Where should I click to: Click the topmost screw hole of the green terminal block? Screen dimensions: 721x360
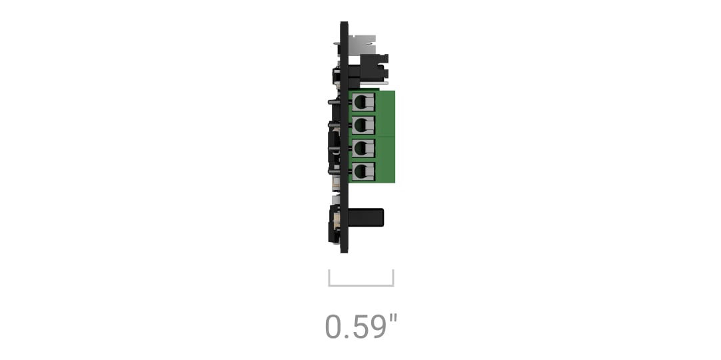pyautogui.click(x=363, y=101)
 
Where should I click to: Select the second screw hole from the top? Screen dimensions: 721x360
pyautogui.click(x=363, y=125)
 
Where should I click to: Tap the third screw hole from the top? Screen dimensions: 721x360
pyautogui.click(x=363, y=147)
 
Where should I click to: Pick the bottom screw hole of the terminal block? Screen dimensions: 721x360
pyautogui.click(x=363, y=171)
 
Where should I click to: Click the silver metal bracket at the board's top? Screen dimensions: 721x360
pyautogui.click(x=362, y=45)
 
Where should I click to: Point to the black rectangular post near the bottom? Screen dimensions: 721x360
pyautogui.click(x=366, y=217)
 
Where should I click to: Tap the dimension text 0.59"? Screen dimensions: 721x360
pyautogui.click(x=360, y=327)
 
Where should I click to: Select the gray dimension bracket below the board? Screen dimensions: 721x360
pyautogui.click(x=361, y=285)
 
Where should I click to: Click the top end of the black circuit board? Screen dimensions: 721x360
pyautogui.click(x=344, y=22)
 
